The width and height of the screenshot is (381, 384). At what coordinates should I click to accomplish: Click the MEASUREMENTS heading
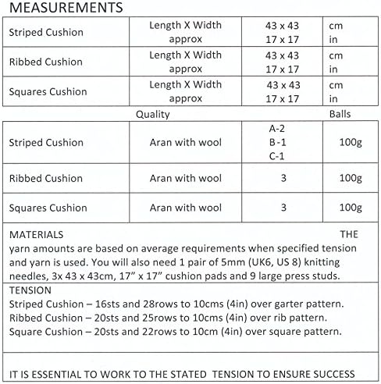(x=65, y=9)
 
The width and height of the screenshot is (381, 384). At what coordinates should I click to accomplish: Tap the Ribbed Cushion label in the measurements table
(x=45, y=62)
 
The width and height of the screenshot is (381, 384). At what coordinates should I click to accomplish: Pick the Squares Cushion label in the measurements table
(x=47, y=91)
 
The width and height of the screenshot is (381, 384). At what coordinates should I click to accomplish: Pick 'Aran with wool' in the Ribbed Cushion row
(x=186, y=178)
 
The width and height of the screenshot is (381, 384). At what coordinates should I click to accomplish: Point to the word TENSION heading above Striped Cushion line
(x=30, y=290)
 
